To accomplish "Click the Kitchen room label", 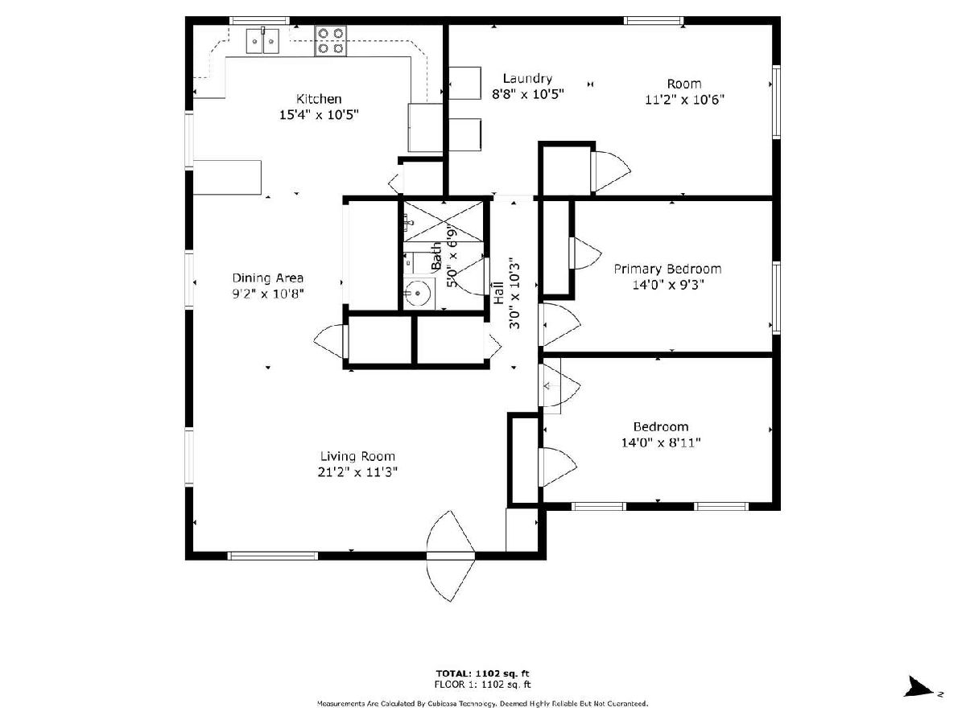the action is click(318, 98).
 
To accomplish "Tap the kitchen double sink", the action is click(262, 41).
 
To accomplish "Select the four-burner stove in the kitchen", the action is click(330, 40).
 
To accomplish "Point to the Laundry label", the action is click(527, 79).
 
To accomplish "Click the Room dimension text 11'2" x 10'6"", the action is click(684, 100).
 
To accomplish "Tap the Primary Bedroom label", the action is click(667, 269).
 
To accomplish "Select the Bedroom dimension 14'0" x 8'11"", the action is click(661, 442).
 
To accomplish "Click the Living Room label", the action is click(357, 456).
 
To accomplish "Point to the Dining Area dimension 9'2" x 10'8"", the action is click(268, 293).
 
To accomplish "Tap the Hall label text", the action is click(498, 293).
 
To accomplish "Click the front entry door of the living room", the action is click(451, 556).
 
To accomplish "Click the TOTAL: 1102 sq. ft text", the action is click(482, 673).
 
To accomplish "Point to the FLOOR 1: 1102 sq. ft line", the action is click(482, 685).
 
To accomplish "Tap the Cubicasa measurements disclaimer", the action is click(482, 704).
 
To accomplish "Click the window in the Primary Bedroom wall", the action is click(776, 298).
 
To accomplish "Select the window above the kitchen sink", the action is click(259, 20).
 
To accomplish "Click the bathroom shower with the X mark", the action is click(444, 221).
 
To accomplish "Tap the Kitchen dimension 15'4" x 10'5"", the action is click(319, 115).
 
